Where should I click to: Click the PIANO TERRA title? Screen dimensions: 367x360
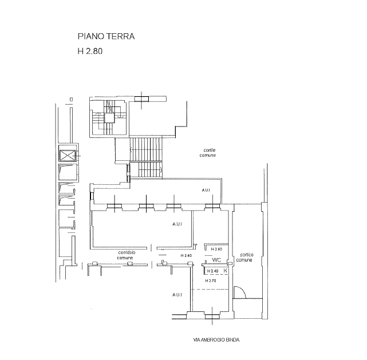pyautogui.click(x=106, y=37)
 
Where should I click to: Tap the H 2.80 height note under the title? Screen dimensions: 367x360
pyautogui.click(x=90, y=52)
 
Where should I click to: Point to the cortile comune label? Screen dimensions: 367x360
pyautogui.click(x=208, y=153)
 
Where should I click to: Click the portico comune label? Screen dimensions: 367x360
pyautogui.click(x=244, y=258)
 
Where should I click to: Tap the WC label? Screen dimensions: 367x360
pyautogui.click(x=216, y=260)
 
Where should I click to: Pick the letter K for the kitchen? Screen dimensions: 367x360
pyautogui.click(x=226, y=271)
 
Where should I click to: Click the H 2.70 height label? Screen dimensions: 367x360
pyautogui.click(x=211, y=280)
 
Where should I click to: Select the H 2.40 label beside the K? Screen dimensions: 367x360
pyautogui.click(x=213, y=271)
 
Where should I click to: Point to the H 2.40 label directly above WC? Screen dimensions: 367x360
pyautogui.click(x=216, y=250)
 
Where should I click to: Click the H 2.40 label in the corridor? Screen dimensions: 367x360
pyautogui.click(x=186, y=256)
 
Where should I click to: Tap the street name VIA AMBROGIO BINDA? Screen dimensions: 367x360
pyautogui.click(x=216, y=340)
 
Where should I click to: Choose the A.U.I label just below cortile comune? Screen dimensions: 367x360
pyautogui.click(x=206, y=191)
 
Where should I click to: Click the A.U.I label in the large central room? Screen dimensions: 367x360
pyautogui.click(x=177, y=224)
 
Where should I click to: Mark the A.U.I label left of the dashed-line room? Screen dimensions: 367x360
pyautogui.click(x=177, y=295)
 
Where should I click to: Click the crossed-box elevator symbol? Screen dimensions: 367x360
pyautogui.click(x=68, y=156)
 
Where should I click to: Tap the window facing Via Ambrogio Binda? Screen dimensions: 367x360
pyautogui.click(x=212, y=317)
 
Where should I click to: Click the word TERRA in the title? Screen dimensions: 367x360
pyautogui.click(x=120, y=37)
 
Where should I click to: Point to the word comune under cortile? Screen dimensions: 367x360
pyautogui.click(x=208, y=155)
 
